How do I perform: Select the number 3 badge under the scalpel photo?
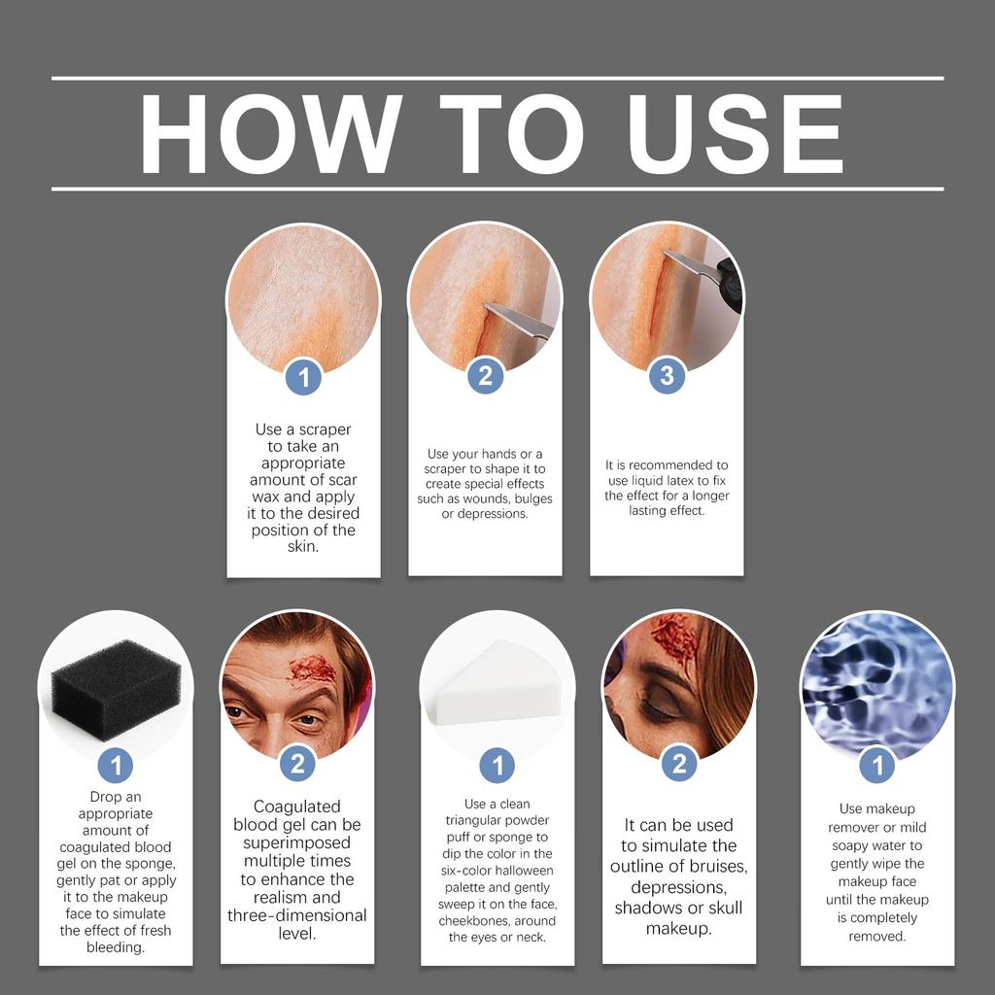(x=667, y=376)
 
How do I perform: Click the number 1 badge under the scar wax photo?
(x=303, y=378)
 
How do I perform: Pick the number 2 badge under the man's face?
(x=297, y=764)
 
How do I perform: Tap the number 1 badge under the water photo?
(x=877, y=766)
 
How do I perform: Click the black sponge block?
(x=116, y=689)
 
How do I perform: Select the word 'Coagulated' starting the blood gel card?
(x=297, y=806)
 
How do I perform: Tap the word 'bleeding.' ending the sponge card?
(x=116, y=947)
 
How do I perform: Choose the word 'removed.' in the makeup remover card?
(x=877, y=936)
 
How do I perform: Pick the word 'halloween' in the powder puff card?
(x=524, y=871)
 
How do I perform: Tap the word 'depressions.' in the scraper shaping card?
(x=485, y=514)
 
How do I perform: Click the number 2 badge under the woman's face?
(x=679, y=764)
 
